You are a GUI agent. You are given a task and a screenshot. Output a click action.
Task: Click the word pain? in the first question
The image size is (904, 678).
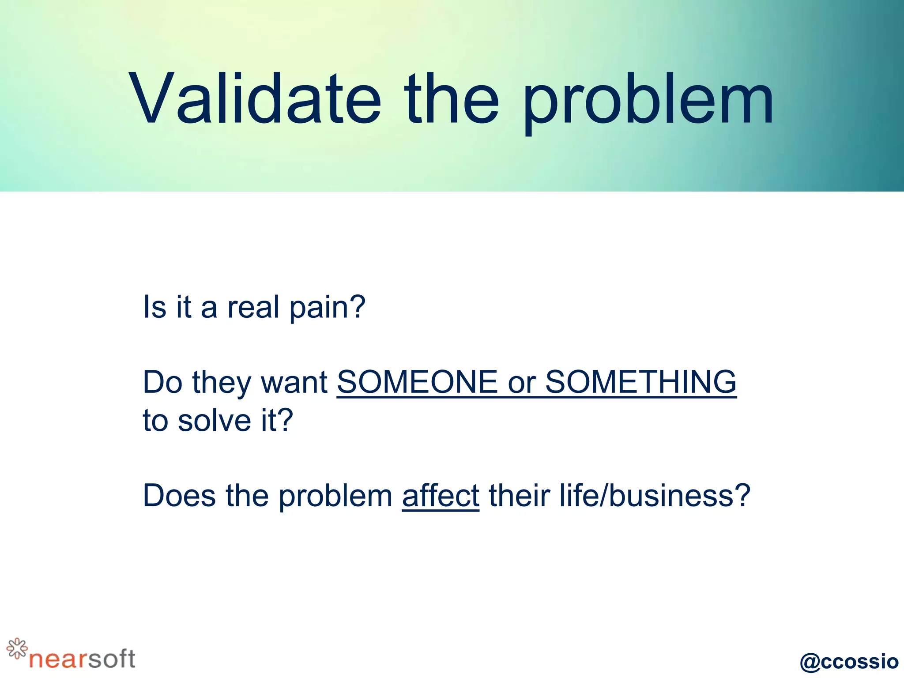[x=328, y=307]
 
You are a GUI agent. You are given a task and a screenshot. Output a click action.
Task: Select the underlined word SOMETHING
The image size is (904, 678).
[x=641, y=382]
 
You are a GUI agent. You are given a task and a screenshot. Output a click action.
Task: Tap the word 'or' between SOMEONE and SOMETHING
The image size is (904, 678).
[x=521, y=383]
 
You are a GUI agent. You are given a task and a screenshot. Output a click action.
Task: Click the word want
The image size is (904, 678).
[x=294, y=383]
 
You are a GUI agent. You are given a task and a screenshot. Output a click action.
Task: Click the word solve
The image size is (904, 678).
[x=215, y=420]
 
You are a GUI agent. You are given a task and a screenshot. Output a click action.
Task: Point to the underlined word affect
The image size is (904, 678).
[x=441, y=496]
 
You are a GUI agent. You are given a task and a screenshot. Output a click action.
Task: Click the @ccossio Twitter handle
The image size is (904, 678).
[x=849, y=661]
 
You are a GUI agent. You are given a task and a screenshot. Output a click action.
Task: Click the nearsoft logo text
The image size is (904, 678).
[x=82, y=659]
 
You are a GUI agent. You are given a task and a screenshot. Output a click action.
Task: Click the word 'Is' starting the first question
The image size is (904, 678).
[x=154, y=307]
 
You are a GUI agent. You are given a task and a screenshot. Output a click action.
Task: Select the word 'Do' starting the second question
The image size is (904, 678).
[x=162, y=383]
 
